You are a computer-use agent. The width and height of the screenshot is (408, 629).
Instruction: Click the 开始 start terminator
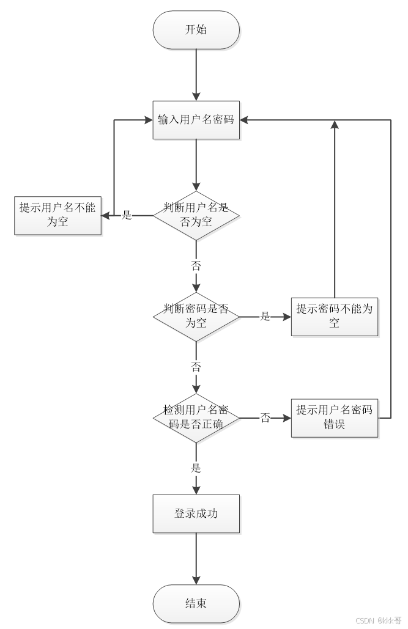(196, 30)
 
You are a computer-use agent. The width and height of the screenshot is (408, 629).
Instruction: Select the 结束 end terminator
(196, 603)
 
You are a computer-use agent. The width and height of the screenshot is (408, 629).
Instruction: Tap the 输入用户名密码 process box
(196, 120)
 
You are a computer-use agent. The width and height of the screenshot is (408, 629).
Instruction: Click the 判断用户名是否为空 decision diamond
(196, 215)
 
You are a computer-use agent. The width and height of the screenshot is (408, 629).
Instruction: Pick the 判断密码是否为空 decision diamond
(196, 316)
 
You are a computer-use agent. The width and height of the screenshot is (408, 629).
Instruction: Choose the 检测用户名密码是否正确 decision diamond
(196, 418)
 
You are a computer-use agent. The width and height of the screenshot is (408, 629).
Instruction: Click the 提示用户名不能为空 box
(58, 215)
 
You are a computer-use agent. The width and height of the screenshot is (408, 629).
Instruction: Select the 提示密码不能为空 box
(334, 316)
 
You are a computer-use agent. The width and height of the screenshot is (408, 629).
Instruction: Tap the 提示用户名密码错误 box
(334, 418)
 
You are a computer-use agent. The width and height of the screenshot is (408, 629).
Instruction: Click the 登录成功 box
(196, 513)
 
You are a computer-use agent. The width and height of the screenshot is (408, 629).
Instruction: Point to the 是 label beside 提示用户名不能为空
(127, 215)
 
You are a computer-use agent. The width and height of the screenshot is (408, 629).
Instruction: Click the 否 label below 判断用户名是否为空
(196, 266)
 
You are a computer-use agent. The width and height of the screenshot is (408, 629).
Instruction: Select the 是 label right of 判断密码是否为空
(265, 316)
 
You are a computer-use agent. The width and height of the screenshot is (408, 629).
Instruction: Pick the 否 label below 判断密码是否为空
(196, 367)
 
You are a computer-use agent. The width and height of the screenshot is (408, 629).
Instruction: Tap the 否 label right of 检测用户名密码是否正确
(265, 418)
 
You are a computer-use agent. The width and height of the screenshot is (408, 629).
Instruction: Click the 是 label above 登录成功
(196, 468)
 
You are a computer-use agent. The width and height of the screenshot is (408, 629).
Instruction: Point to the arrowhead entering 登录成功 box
(196, 489)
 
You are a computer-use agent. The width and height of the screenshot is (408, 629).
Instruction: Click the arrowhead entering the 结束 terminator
(196, 580)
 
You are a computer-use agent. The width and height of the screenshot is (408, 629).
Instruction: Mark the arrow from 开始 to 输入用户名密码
(196, 73)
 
